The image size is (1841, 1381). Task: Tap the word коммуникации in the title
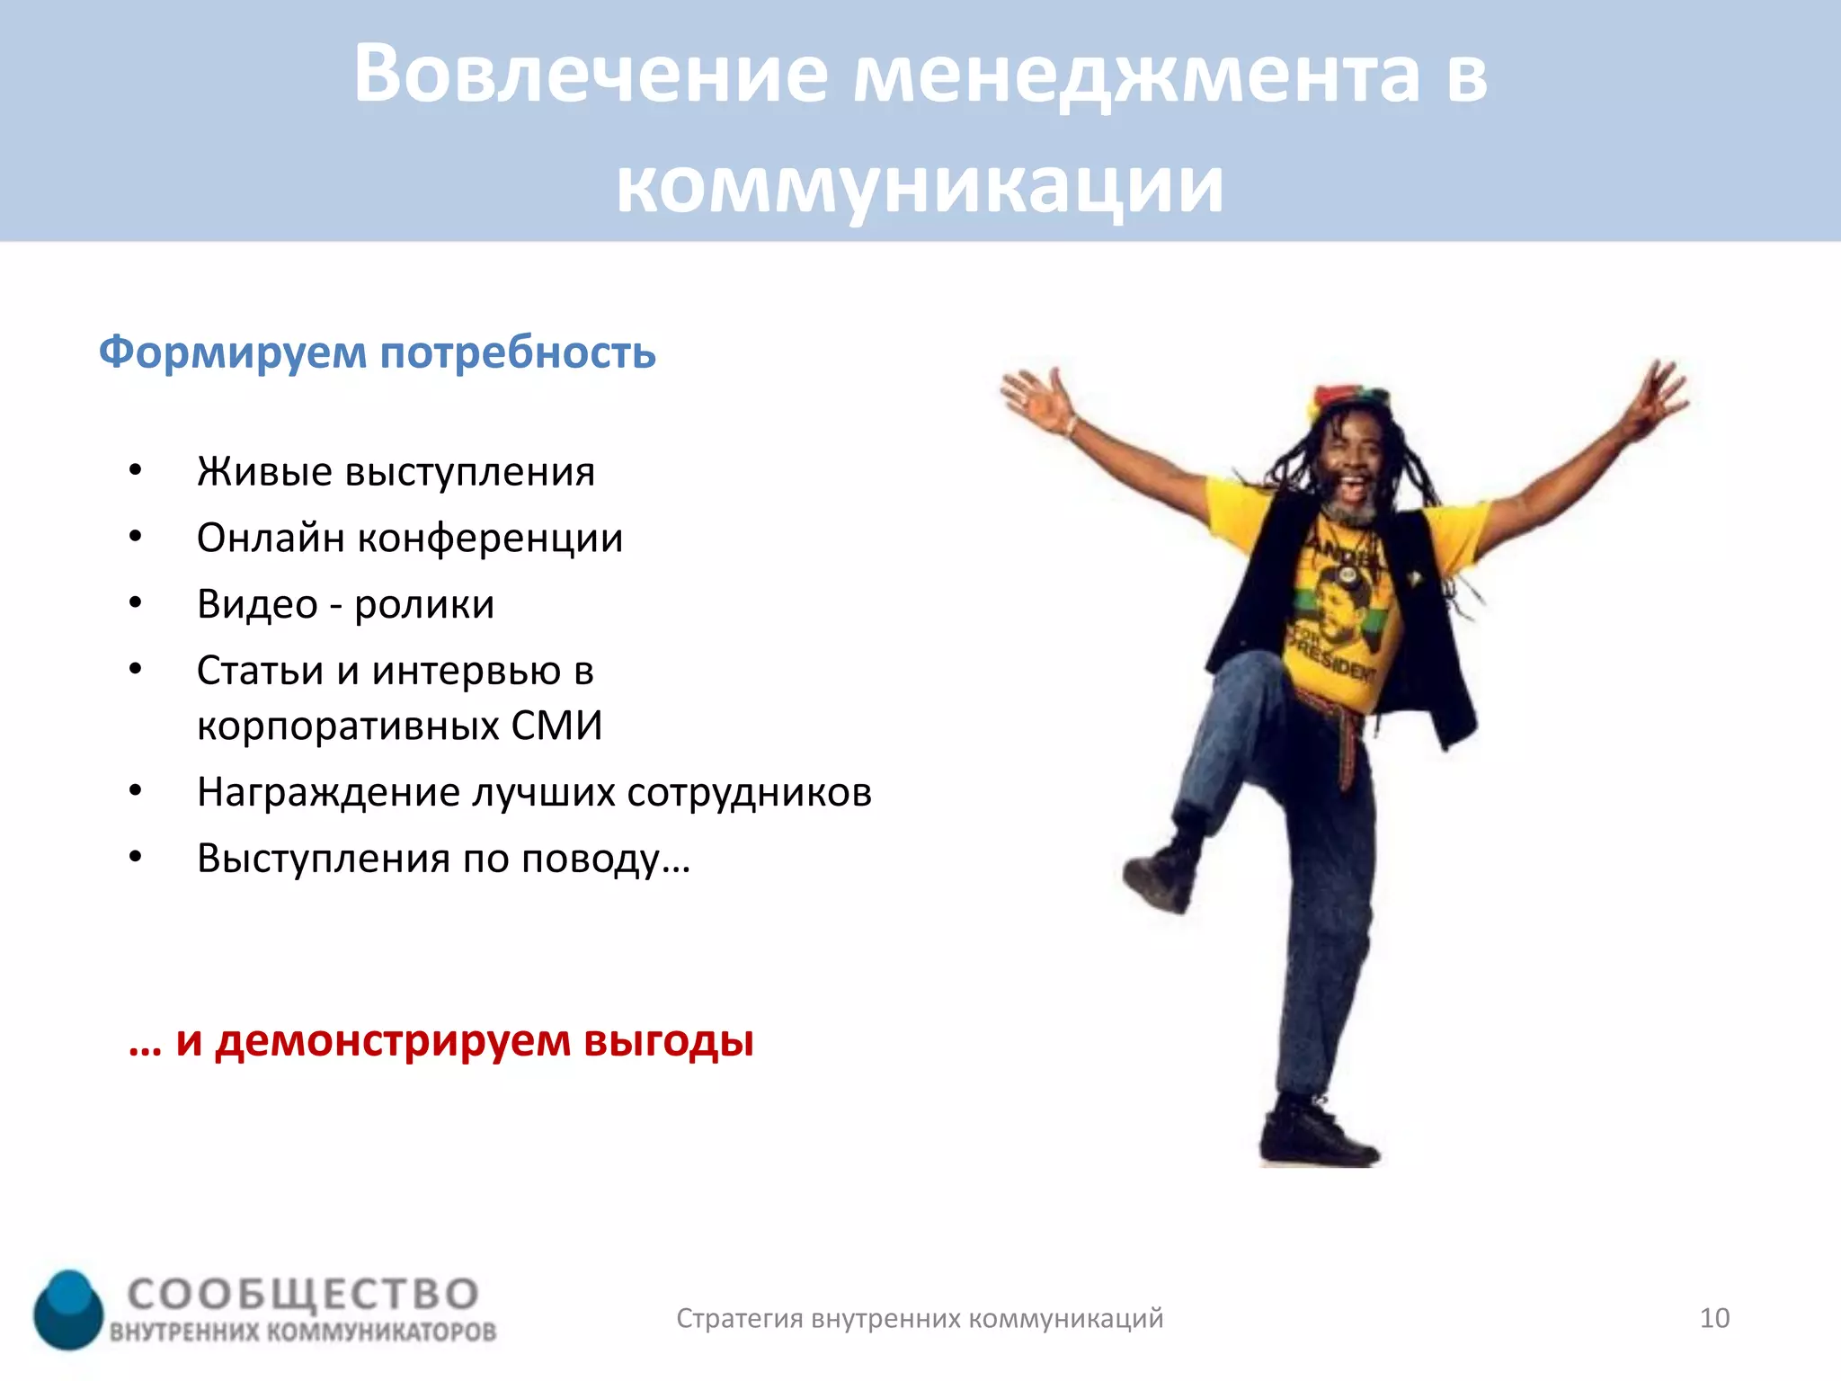[x=919, y=185]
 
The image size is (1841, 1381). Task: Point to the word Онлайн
[x=271, y=539]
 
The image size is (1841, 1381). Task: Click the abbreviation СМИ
[x=556, y=726]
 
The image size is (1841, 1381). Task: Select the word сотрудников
[x=748, y=793]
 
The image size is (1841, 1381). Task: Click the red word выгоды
[x=668, y=1041]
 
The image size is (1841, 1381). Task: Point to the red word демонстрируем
[x=393, y=1041]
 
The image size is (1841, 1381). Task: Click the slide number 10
[x=1714, y=1318]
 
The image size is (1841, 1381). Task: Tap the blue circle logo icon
[x=68, y=1309]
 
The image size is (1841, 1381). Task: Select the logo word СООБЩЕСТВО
[x=303, y=1295]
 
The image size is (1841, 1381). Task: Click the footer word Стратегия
[x=739, y=1319]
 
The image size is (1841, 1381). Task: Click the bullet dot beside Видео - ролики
[x=135, y=602]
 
